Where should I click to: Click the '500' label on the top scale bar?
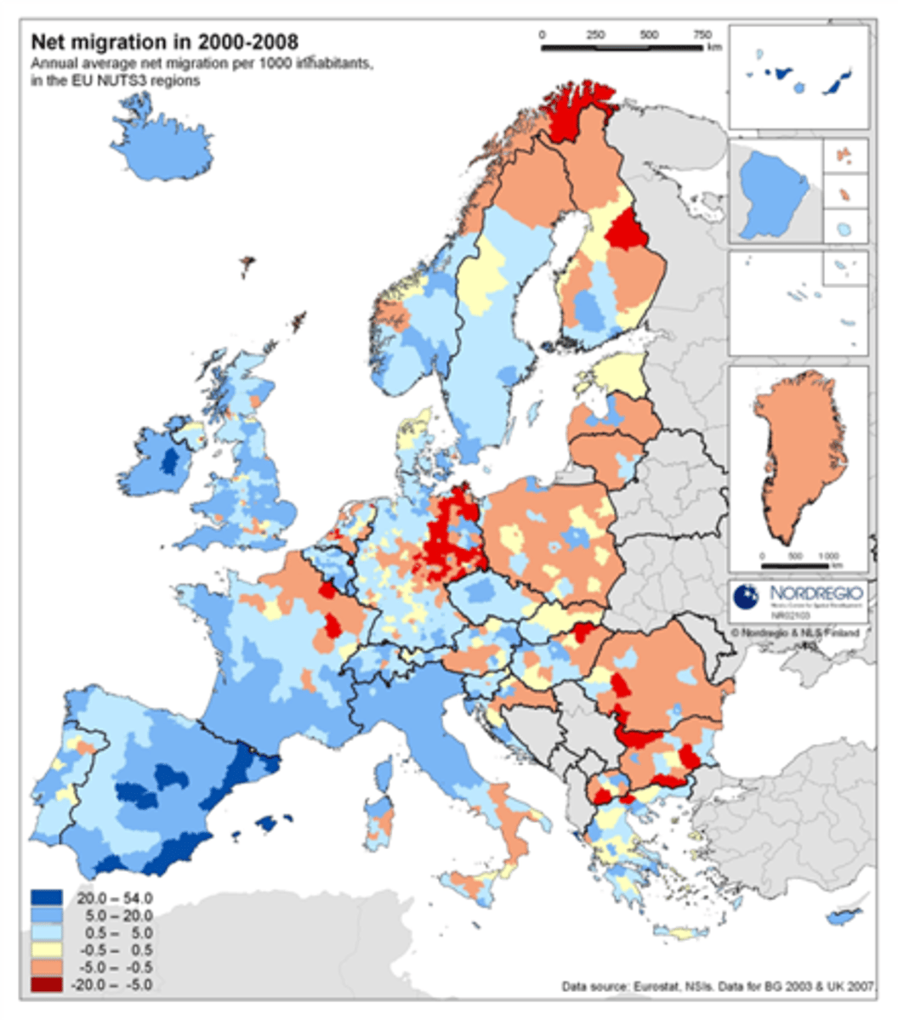coord(649,36)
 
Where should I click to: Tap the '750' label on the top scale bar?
coord(702,36)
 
